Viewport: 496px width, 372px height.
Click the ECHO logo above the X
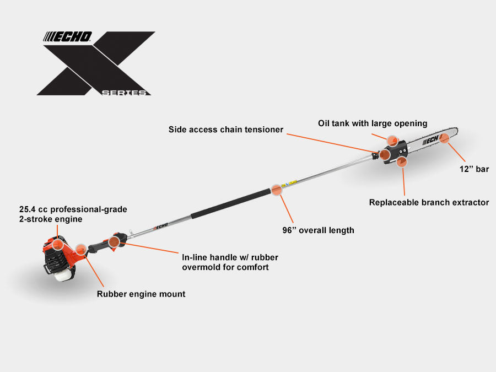coord(68,37)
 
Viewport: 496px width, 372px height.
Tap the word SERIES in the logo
coord(126,93)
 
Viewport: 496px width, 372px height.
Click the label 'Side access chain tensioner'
coord(226,130)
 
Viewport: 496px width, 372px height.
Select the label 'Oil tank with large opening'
coord(373,123)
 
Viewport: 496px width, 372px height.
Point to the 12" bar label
coord(475,169)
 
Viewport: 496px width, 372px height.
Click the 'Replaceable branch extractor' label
coord(429,202)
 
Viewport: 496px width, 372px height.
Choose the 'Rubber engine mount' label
coord(141,294)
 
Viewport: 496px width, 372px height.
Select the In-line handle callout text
coord(225,262)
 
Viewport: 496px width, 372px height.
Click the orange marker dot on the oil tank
coord(392,141)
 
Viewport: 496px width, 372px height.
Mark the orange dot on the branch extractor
coord(402,161)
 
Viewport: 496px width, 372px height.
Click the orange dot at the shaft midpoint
coord(277,190)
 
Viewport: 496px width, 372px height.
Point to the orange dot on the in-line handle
coord(114,241)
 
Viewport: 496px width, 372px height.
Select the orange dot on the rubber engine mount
coord(81,250)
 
